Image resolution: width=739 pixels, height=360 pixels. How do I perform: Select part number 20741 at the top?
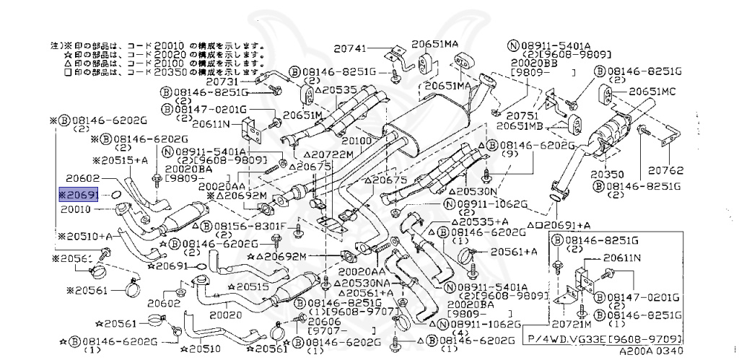pos(351,48)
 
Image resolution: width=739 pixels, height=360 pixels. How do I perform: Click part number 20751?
pos(521,115)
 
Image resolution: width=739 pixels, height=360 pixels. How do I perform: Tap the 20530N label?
pos(476,191)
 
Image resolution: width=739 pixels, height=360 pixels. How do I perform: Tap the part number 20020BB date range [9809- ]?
pos(543,74)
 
